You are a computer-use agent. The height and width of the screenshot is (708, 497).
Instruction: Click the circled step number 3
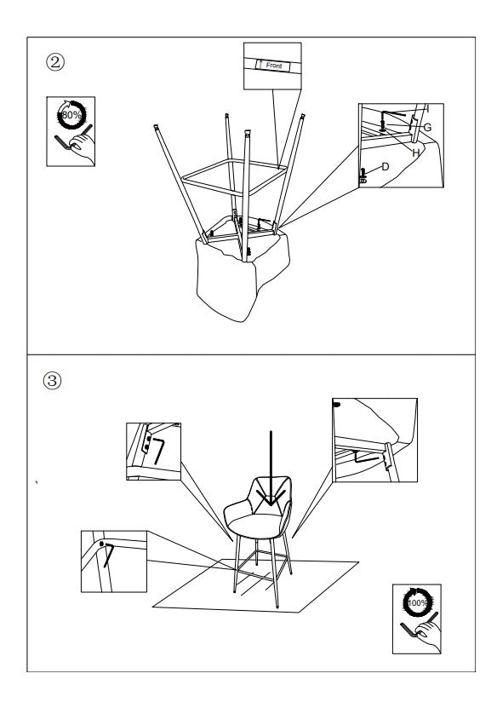(x=53, y=381)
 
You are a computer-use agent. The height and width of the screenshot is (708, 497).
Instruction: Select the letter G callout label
(x=427, y=127)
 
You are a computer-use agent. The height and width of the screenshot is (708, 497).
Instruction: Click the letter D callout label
(x=385, y=167)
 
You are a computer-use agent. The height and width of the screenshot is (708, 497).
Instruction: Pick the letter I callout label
(x=426, y=108)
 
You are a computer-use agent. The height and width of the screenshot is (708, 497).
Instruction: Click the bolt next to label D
(x=363, y=175)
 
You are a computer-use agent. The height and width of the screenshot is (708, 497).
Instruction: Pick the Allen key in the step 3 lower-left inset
(x=107, y=553)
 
